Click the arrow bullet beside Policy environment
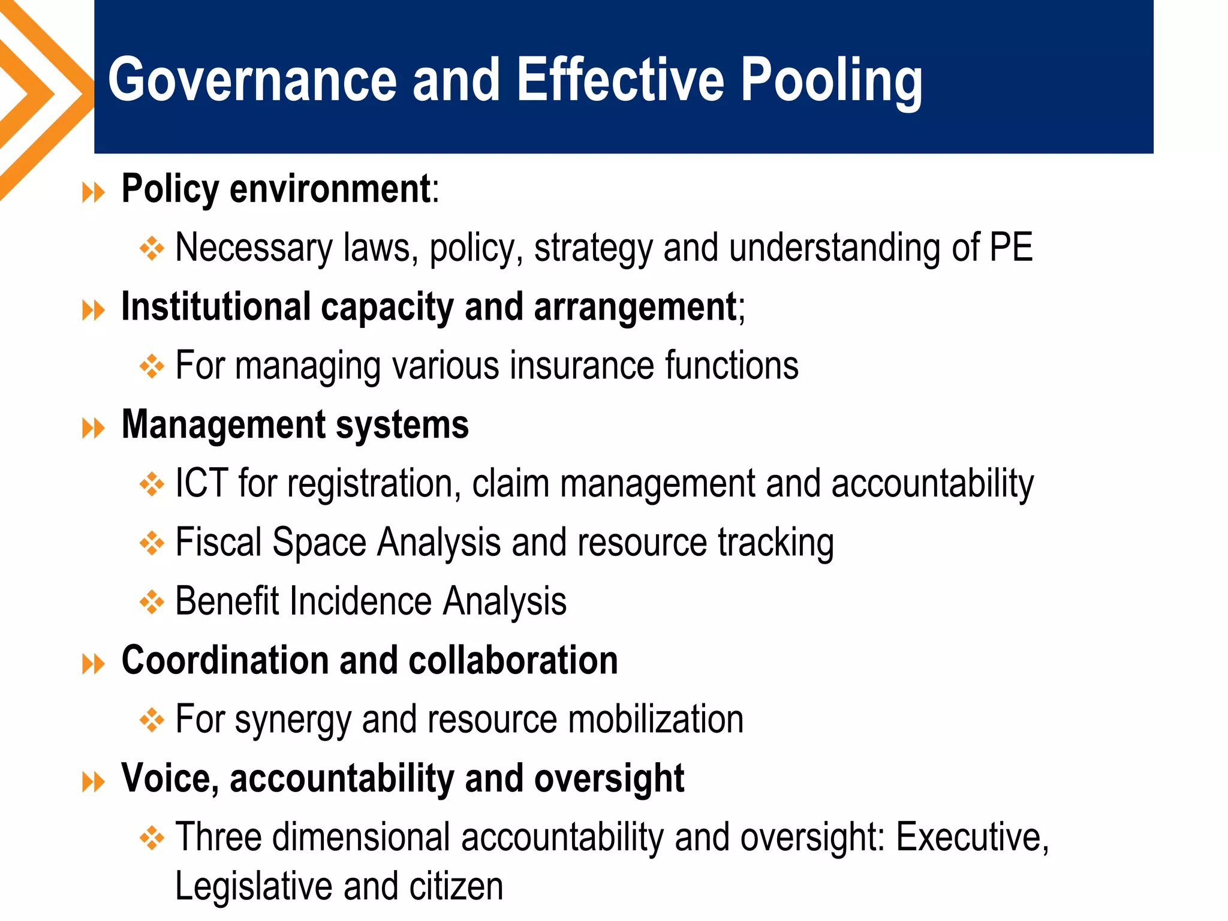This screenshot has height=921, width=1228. [x=93, y=193]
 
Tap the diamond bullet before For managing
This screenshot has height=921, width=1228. [x=152, y=366]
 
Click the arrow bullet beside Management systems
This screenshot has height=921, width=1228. [x=93, y=429]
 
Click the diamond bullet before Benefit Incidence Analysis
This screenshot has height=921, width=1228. [x=152, y=601]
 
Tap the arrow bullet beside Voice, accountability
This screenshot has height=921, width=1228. [x=93, y=782]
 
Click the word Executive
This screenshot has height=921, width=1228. [x=972, y=837]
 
